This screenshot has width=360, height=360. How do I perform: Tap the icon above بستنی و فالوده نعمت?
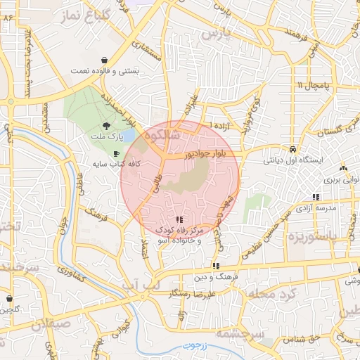tap(105, 60)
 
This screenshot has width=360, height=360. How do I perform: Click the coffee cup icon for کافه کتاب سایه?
tap(116, 153)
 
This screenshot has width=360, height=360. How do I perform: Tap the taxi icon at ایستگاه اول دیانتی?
tap(292, 149)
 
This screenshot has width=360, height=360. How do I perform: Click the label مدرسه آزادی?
tap(319, 209)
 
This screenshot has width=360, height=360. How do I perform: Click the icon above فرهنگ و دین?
tap(216, 266)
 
